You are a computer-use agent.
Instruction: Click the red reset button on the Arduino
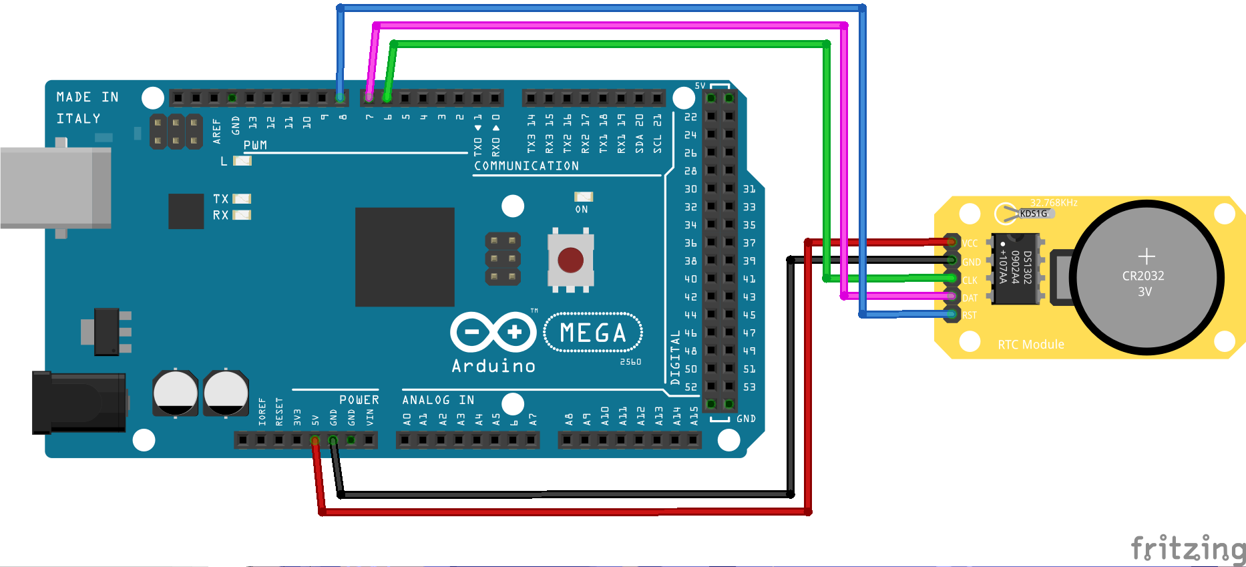click(x=570, y=260)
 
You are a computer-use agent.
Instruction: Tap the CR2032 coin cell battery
click(x=1146, y=276)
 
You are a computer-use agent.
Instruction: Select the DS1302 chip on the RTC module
click(x=1015, y=268)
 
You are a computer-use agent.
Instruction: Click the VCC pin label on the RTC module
click(x=970, y=244)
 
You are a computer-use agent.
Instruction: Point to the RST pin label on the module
click(x=970, y=315)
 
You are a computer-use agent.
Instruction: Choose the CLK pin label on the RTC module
click(x=970, y=280)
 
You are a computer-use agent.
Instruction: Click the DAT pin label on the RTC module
click(x=970, y=298)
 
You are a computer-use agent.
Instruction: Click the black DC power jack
click(x=79, y=403)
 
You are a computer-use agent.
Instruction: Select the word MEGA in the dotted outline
click(x=593, y=333)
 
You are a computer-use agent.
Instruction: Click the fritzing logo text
click(x=1188, y=549)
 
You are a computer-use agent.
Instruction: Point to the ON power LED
click(x=583, y=196)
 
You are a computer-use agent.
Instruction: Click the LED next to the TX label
click(x=241, y=198)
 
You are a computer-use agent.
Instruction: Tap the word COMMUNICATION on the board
click(x=526, y=166)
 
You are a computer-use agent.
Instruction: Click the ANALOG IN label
click(x=438, y=399)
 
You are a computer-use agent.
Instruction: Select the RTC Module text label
click(x=1031, y=345)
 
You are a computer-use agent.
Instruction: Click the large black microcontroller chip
click(x=405, y=257)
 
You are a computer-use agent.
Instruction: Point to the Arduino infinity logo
click(x=493, y=332)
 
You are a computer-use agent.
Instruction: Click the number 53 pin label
click(x=749, y=387)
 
